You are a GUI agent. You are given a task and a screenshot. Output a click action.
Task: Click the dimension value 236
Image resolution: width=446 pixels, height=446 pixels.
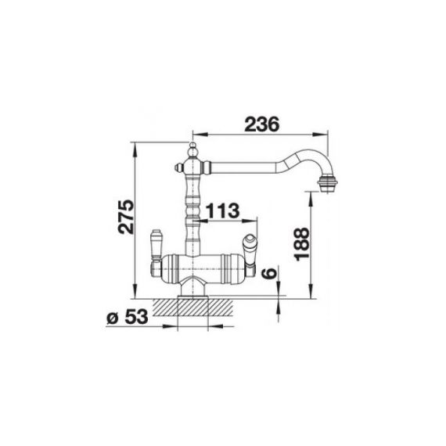[261, 124]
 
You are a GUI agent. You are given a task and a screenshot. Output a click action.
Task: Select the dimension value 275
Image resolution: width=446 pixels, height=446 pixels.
[126, 217]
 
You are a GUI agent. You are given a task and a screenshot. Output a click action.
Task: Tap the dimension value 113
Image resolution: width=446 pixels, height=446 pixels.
[222, 210]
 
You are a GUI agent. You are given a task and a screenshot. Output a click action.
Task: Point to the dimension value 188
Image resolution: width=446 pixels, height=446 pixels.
[302, 243]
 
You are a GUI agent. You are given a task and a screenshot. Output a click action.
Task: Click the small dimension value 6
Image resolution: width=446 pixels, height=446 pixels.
[270, 273]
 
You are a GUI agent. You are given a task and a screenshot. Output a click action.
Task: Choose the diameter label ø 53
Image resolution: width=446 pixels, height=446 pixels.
[128, 317]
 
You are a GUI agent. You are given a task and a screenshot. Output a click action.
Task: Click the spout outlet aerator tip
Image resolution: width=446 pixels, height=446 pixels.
[327, 184]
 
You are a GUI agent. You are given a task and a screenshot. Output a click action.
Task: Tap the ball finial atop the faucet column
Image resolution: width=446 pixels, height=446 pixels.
[192, 148]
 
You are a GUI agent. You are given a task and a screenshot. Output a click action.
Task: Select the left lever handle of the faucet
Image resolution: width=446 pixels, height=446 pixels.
[155, 244]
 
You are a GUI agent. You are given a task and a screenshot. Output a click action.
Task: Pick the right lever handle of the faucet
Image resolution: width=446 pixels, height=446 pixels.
[249, 249]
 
